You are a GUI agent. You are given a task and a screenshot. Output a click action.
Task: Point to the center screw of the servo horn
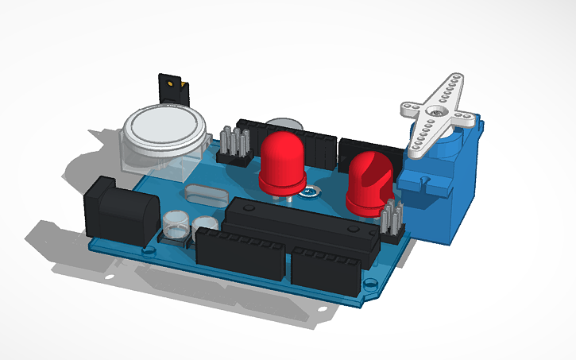coord(438,112)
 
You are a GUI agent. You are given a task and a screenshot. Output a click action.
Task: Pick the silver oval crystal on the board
coord(206,193)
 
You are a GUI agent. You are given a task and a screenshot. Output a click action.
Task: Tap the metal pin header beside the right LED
coord(392,221)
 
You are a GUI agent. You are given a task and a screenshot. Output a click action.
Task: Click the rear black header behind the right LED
coord(370,149)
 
